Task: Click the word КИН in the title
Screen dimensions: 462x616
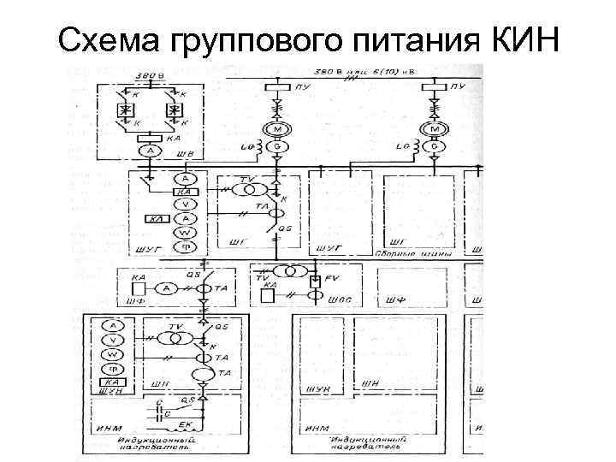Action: coord(523,38)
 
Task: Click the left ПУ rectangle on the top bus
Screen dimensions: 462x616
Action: coord(277,87)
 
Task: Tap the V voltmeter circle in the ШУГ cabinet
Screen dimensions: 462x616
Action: coord(182,204)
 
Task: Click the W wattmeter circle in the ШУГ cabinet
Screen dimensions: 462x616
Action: coord(182,232)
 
